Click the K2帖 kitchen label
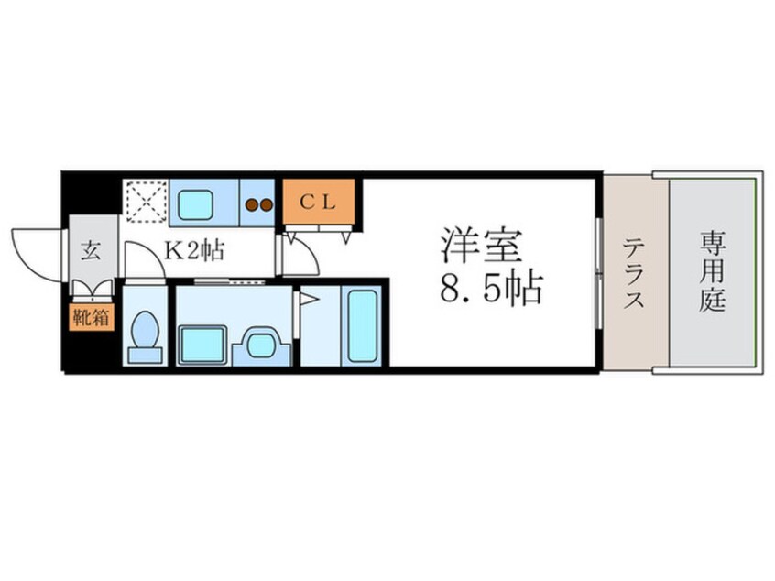click(193, 247)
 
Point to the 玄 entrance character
click(93, 247)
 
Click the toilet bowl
click(145, 334)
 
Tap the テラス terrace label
click(634, 272)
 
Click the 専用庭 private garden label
click(714, 272)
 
